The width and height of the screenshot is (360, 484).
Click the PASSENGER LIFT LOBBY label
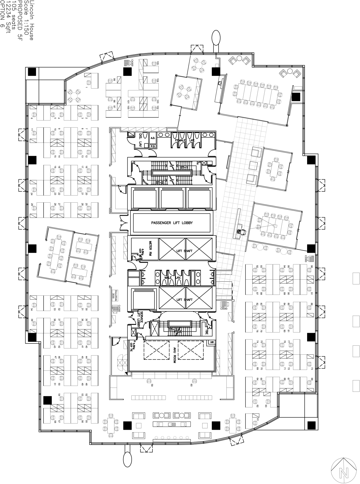click(x=172, y=223)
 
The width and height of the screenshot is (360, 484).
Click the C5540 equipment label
click(x=224, y=309)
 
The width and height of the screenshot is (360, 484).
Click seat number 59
click(x=152, y=385)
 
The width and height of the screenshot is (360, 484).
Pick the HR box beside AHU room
click(x=212, y=342)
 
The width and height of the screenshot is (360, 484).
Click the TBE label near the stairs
click(x=207, y=332)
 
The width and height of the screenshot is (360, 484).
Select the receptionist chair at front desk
click(x=241, y=232)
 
